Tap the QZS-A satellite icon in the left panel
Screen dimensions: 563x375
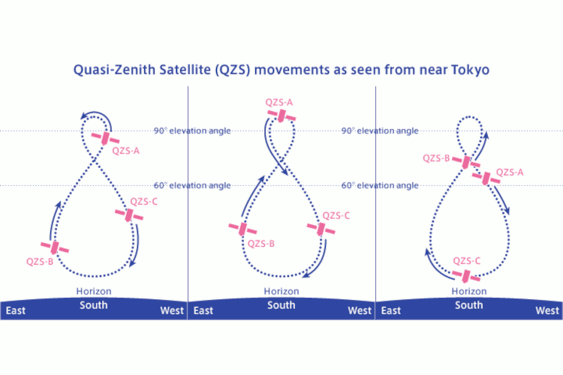(105, 138)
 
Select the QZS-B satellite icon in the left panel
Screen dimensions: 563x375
(55, 247)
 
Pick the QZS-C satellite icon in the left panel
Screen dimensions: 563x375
(129, 214)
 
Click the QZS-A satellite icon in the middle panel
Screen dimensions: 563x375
(281, 115)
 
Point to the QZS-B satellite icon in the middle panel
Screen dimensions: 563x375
(242, 229)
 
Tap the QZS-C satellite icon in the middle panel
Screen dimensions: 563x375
(321, 229)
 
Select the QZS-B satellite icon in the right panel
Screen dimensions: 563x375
(466, 162)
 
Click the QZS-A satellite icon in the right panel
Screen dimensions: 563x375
(486, 178)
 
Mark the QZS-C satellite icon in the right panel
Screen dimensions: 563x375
(465, 276)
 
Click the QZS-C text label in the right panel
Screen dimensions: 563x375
(466, 261)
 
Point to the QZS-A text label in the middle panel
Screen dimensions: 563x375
(279, 102)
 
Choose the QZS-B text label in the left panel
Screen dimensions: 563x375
(40, 262)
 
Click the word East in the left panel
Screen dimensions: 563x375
(16, 310)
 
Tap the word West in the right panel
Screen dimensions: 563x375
(547, 310)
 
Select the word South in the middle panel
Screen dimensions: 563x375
(281, 305)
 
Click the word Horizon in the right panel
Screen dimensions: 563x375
(469, 291)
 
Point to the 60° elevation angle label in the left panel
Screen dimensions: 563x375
(192, 185)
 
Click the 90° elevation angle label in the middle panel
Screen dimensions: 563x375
(380, 130)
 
